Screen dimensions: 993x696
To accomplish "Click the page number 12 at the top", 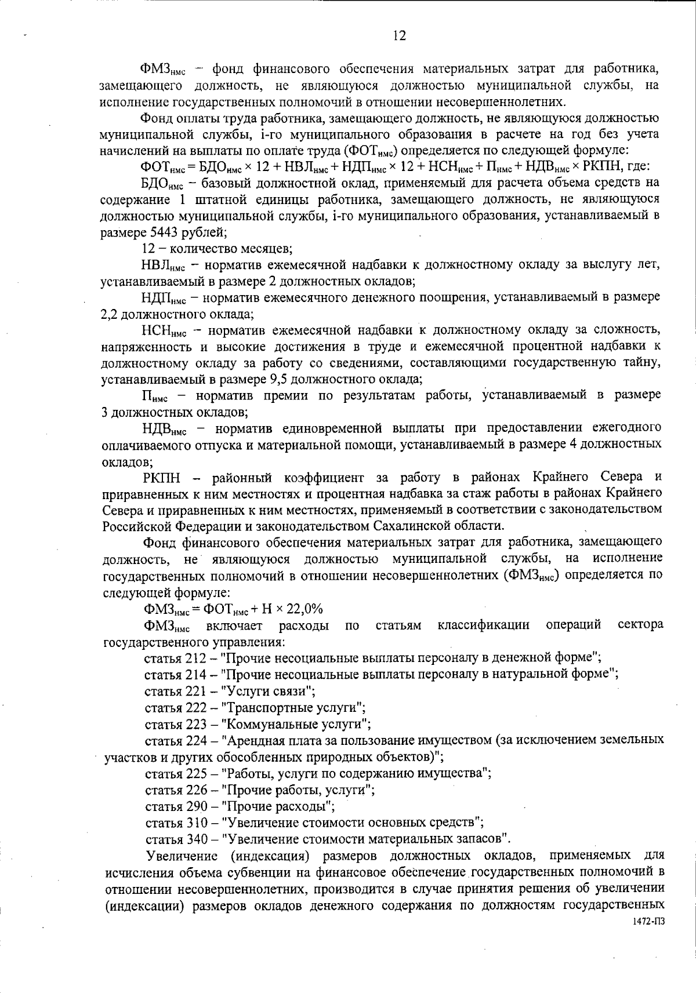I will (x=400, y=36).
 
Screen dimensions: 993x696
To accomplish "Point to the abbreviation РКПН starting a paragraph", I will (x=162, y=478).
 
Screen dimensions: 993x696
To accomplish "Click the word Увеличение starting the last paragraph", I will (x=182, y=856).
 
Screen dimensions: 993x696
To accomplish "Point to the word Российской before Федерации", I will (x=137, y=526).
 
